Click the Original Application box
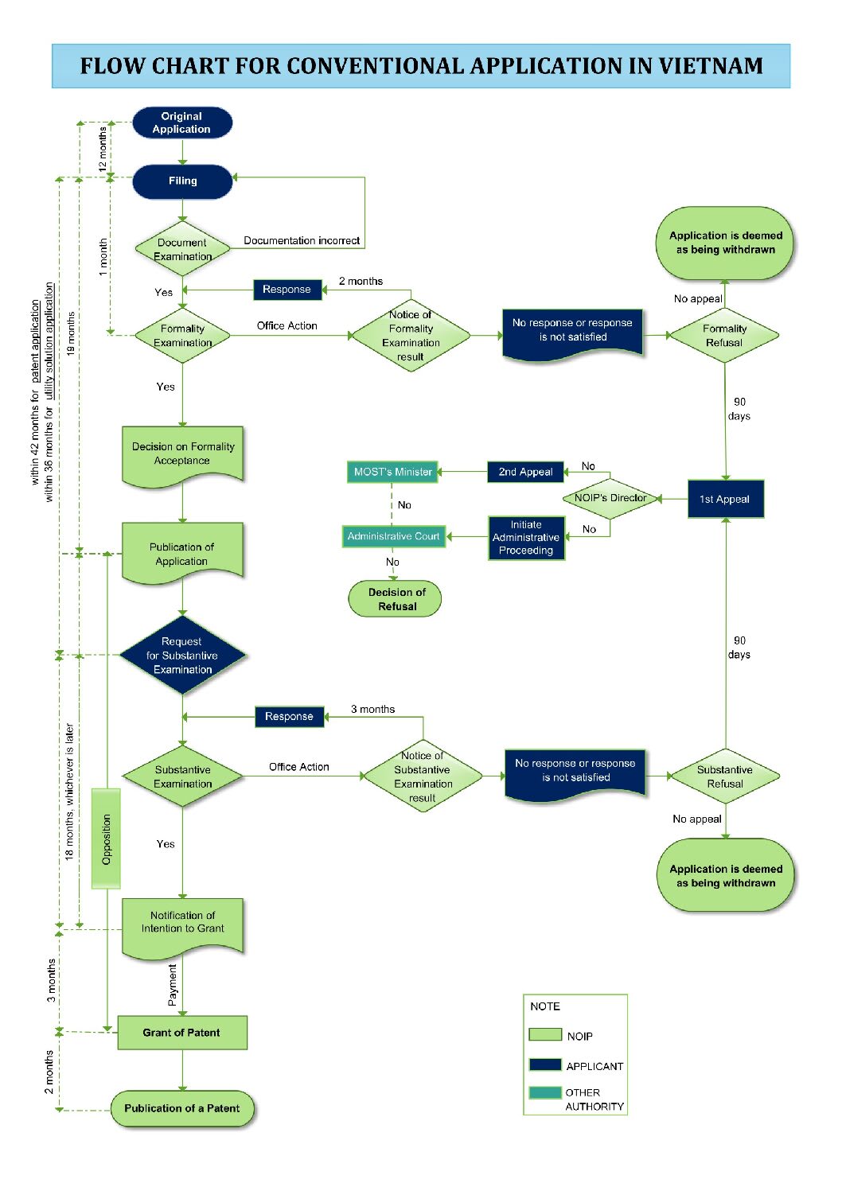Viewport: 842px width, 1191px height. [182, 123]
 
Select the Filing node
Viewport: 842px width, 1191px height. [182, 181]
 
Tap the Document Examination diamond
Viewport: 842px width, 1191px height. [182, 249]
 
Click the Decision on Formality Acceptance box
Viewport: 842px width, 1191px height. [182, 456]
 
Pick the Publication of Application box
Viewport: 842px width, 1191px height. [182, 553]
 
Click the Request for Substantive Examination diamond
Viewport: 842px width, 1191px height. [182, 655]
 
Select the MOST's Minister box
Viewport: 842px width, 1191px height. [392, 472]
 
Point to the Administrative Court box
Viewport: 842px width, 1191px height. [394, 536]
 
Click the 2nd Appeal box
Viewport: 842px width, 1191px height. [525, 472]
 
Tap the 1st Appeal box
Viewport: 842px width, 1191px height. [726, 499]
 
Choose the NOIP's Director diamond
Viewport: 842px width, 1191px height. [610, 498]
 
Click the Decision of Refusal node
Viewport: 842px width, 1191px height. [395, 599]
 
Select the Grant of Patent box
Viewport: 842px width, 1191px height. [182, 1033]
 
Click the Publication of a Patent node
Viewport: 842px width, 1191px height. [182, 1108]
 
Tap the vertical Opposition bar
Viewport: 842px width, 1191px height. [106, 839]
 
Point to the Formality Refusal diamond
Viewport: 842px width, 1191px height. [724, 336]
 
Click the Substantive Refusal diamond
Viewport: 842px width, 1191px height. [726, 776]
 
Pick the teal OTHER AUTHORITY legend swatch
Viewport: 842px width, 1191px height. [545, 1092]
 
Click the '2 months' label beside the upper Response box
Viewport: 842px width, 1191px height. [361, 281]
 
